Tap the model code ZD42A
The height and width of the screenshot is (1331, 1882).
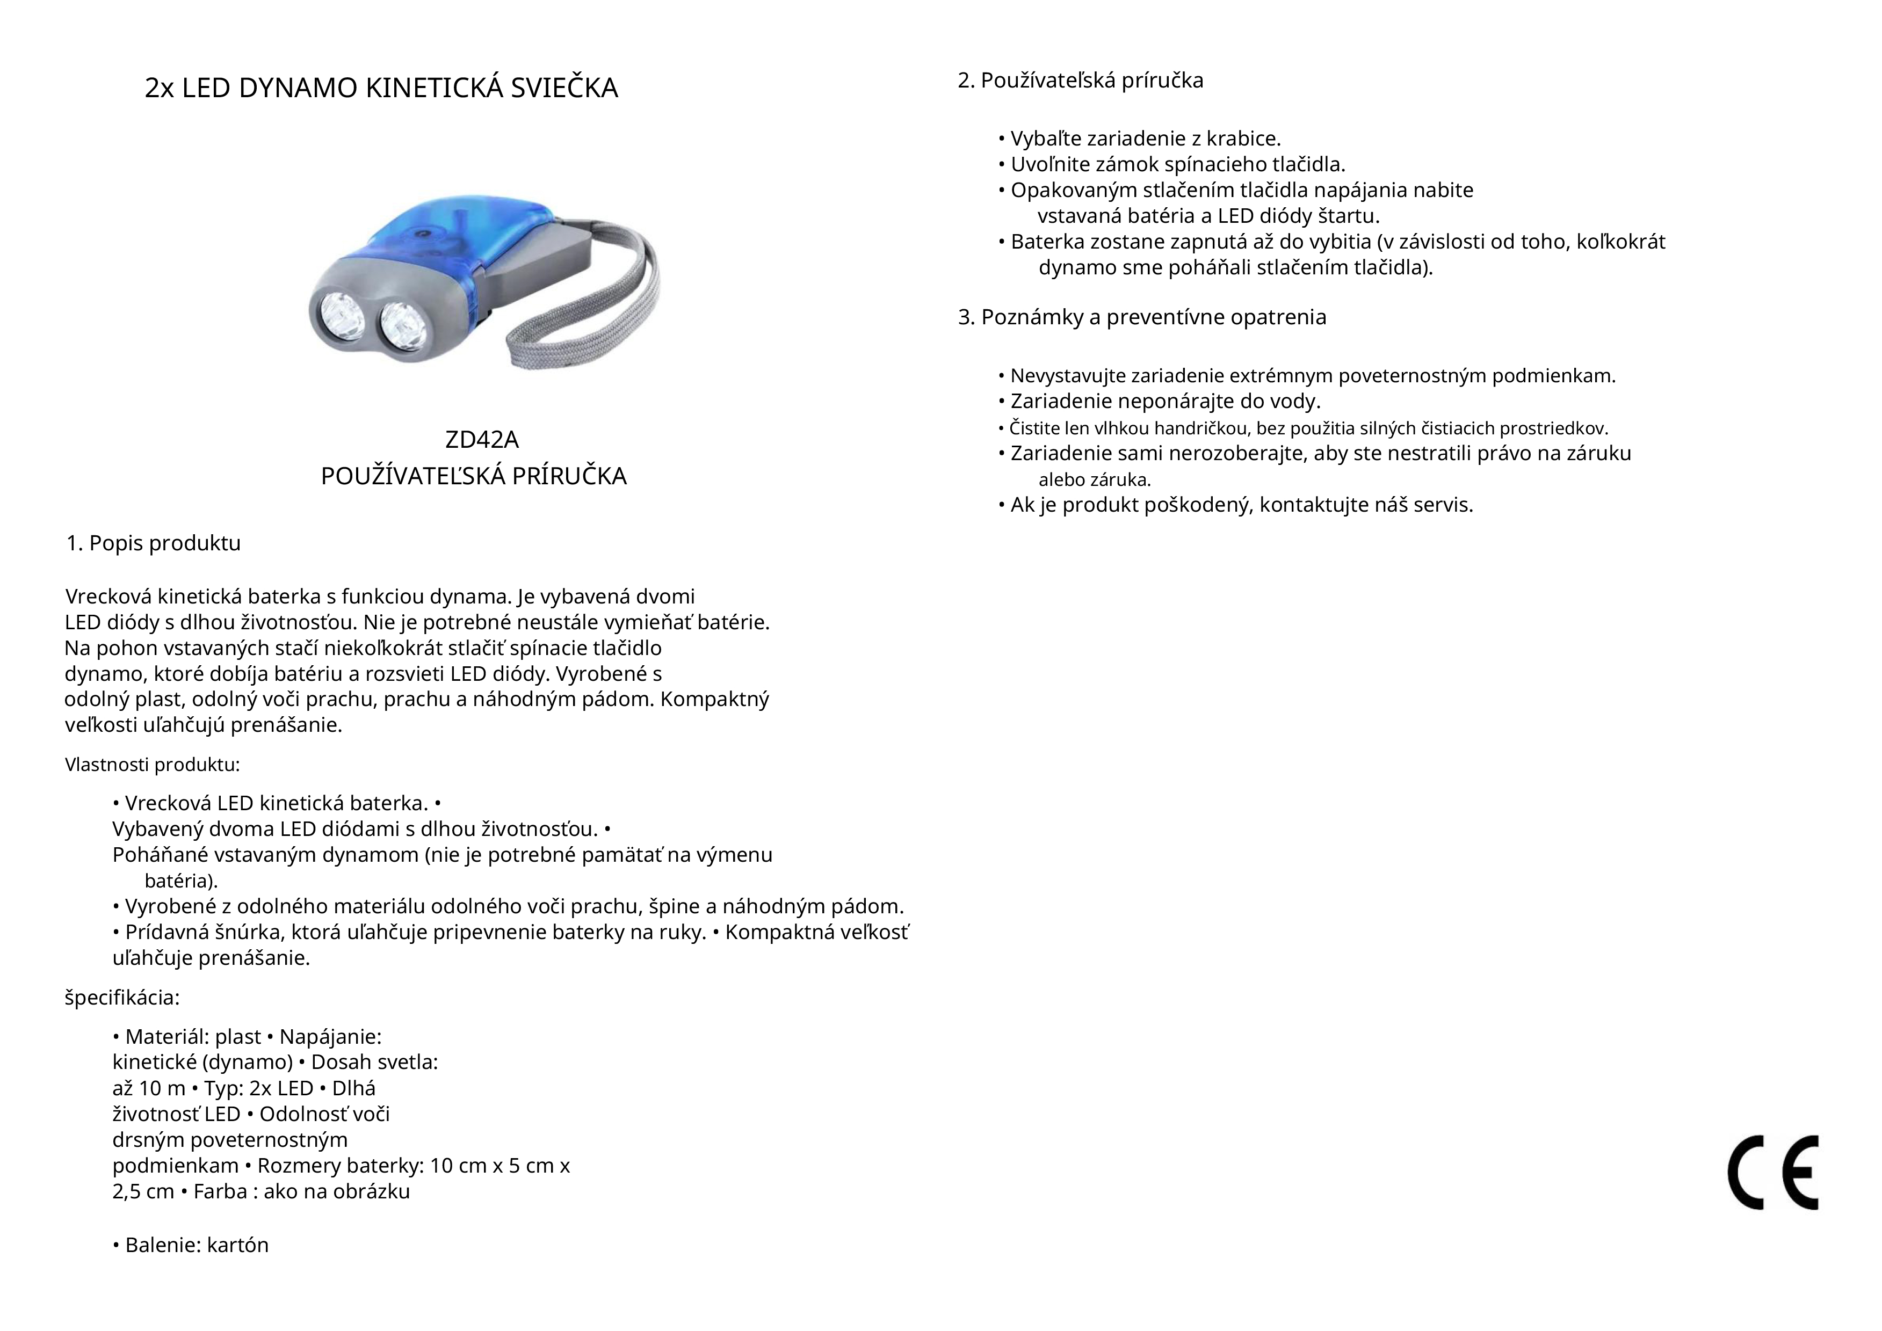tap(481, 440)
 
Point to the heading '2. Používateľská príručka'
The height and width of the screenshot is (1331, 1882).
tap(1080, 81)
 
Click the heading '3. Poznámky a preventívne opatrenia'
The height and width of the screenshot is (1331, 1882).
tap(1142, 317)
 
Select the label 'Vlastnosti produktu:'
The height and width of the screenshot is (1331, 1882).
tap(153, 765)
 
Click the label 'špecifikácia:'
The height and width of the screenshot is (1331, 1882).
tap(122, 998)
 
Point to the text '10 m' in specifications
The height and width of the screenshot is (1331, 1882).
tap(162, 1088)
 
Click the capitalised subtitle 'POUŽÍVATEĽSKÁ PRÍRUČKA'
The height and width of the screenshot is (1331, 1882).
tap(474, 476)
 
